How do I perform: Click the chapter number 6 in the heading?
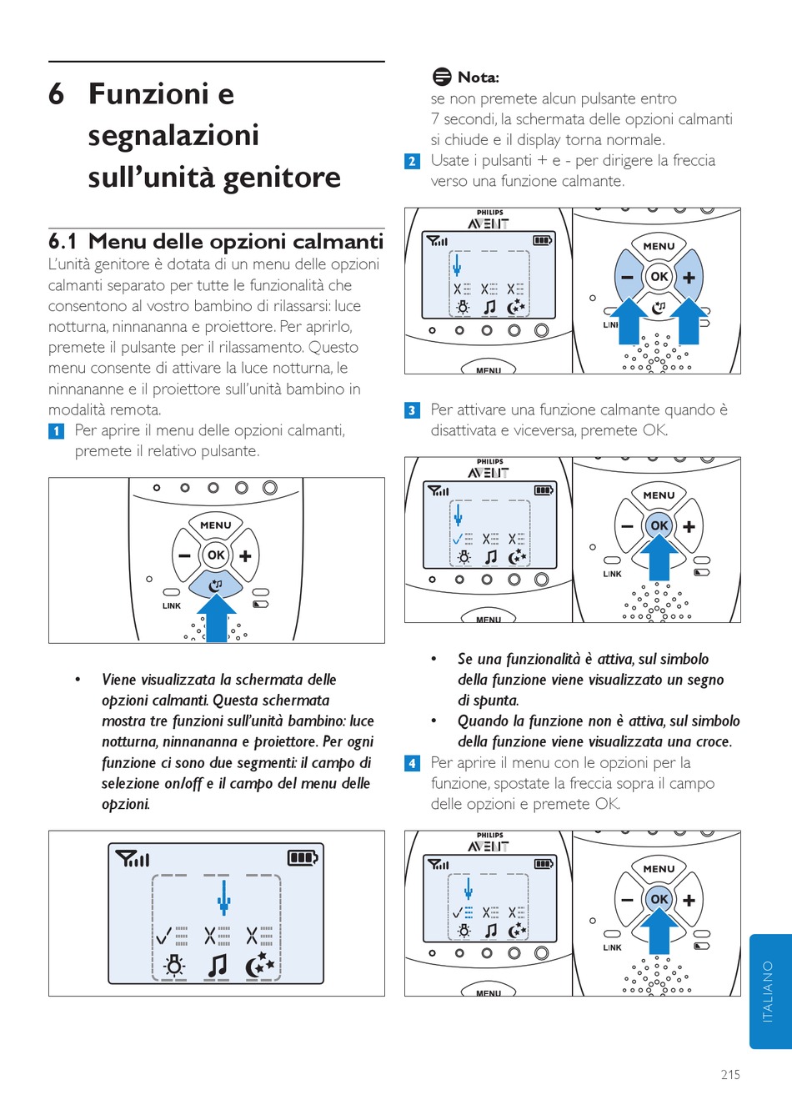[56, 94]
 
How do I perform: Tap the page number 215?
[730, 1074]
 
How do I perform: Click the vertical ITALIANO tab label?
[768, 991]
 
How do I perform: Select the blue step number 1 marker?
[56, 431]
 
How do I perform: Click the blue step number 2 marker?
[412, 161]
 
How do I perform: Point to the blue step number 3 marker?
[412, 410]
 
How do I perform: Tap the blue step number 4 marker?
[412, 763]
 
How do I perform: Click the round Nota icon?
[442, 77]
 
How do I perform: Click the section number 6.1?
[63, 242]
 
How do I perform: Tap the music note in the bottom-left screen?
[217, 966]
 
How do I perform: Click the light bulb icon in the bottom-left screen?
[174, 966]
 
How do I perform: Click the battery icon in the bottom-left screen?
[303, 857]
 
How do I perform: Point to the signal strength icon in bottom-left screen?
[133, 858]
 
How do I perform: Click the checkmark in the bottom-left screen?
[164, 935]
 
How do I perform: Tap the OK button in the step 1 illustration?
[216, 555]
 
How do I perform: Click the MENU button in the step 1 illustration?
[216, 525]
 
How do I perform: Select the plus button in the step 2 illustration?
[689, 278]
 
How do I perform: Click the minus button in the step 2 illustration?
[627, 278]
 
